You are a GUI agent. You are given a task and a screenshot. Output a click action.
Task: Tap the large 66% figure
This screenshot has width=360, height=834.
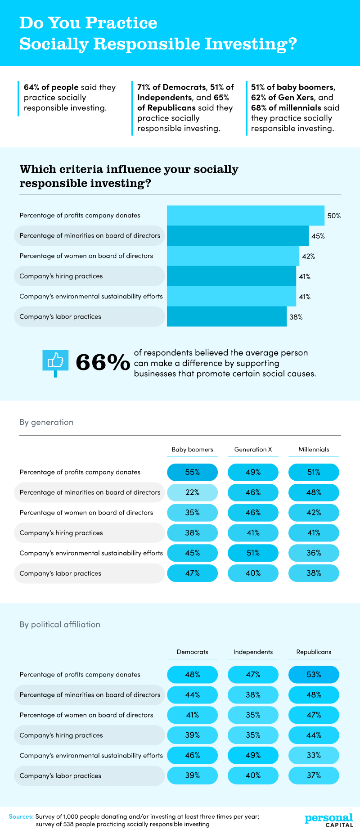tap(102, 363)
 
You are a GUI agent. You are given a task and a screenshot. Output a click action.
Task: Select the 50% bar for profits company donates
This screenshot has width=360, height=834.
tap(245, 215)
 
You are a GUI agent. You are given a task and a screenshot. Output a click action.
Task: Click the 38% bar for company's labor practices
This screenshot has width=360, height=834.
tap(226, 316)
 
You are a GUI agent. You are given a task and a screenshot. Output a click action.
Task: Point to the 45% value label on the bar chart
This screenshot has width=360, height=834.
tap(318, 236)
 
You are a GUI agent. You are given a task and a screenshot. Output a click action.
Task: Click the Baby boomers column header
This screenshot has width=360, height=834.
tap(192, 449)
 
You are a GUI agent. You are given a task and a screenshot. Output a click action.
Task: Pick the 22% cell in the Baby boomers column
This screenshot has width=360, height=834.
tap(192, 492)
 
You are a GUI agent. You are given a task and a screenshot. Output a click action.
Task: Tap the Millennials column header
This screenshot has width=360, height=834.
tap(314, 449)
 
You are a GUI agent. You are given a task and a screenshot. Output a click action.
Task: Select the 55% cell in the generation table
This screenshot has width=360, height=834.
tap(192, 472)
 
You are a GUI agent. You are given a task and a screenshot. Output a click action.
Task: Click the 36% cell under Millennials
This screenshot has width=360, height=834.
tap(314, 553)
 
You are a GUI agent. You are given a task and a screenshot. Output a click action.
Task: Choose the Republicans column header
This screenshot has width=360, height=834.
tap(314, 652)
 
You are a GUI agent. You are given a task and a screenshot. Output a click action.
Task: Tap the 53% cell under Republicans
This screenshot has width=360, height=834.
tap(314, 674)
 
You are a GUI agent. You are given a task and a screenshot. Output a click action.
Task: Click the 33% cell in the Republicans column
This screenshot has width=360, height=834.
tap(314, 755)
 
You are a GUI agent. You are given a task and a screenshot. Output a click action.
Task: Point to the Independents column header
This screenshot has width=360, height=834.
tap(253, 652)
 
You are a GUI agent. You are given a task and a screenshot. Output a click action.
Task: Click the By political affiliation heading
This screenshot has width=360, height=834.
tap(60, 624)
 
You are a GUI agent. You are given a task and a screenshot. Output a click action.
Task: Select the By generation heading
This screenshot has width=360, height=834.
tap(46, 422)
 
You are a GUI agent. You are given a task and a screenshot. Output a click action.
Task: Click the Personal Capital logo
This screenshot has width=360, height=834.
tap(329, 820)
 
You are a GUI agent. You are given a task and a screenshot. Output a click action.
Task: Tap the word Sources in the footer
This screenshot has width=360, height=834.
tap(21, 816)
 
